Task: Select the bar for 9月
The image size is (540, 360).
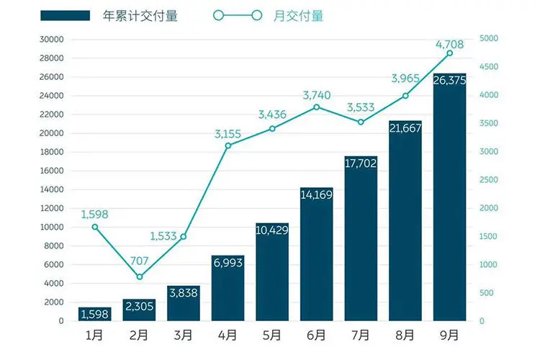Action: [449, 202]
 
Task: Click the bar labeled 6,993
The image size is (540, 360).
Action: [228, 288]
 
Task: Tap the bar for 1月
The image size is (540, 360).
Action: [95, 314]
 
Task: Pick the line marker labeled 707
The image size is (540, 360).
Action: [140, 276]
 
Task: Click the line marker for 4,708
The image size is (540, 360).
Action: [449, 53]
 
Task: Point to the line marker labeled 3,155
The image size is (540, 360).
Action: [228, 145]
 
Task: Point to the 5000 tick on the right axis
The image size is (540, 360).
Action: [492, 40]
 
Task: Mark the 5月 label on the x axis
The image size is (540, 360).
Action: [272, 336]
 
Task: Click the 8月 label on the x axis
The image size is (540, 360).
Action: [405, 336]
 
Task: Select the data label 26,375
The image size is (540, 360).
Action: [449, 81]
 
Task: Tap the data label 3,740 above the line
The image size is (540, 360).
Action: [317, 95]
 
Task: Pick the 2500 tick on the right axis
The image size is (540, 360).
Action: [492, 180]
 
